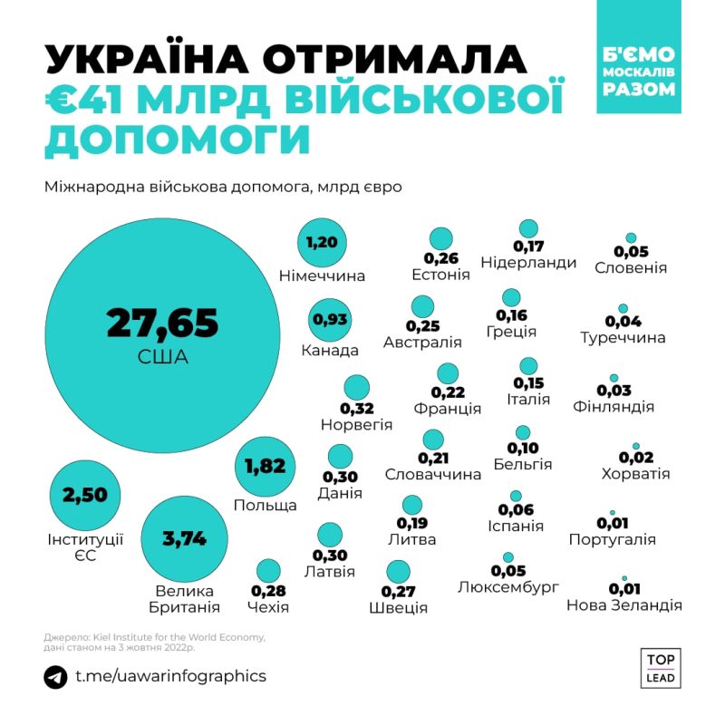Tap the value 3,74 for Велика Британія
click(x=184, y=538)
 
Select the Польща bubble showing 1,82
click(x=265, y=467)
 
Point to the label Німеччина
click(x=322, y=275)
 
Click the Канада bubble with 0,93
click(x=330, y=319)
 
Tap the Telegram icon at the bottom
click(x=55, y=677)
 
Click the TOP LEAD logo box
click(x=661, y=667)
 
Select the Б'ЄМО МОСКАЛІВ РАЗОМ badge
click(x=639, y=71)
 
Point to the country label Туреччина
click(x=623, y=338)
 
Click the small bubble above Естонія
click(x=440, y=238)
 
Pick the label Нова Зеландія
click(x=623, y=605)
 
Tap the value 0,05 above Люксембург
click(x=507, y=571)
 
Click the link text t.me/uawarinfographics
click(x=170, y=676)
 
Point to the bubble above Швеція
click(x=398, y=572)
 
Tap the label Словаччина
click(x=432, y=474)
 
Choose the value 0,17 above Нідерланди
click(x=528, y=246)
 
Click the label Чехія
click(x=268, y=606)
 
